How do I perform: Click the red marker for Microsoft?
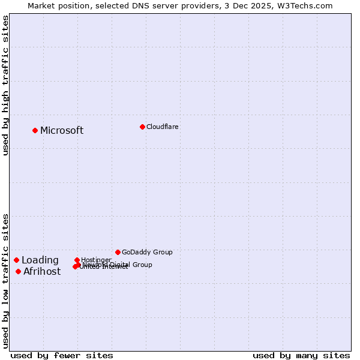click(35, 130)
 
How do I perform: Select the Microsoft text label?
click(62, 131)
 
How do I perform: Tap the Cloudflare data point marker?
click(142, 127)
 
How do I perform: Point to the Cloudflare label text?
click(163, 127)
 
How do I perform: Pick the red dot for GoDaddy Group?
click(118, 252)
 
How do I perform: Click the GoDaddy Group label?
click(147, 253)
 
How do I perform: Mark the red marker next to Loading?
click(17, 260)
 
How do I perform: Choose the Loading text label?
click(40, 260)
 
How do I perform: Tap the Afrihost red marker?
click(19, 272)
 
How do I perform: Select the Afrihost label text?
click(42, 272)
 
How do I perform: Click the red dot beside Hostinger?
click(77, 260)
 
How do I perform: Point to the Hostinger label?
click(97, 260)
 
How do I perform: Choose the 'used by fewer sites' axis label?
click(62, 355)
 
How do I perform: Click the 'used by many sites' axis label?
click(301, 355)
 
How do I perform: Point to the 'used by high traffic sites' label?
click(5, 86)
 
